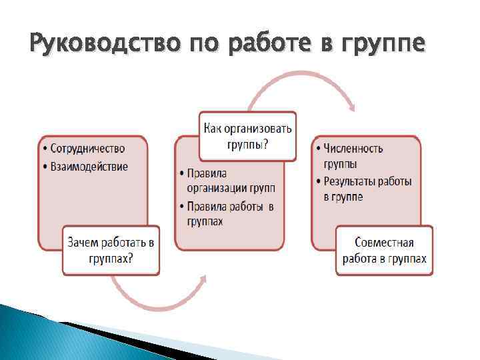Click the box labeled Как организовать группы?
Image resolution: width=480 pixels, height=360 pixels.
248,136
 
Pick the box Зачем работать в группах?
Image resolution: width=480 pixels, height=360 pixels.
111,251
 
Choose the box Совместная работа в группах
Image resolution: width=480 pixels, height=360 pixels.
384,251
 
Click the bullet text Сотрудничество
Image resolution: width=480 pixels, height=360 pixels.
87,148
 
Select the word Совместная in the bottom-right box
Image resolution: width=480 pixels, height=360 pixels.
385,243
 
